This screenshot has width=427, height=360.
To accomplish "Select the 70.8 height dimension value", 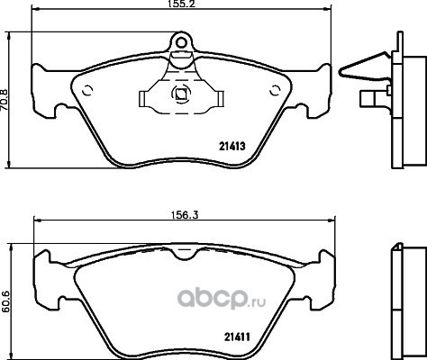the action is coord(5,100).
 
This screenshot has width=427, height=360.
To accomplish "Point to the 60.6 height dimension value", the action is coord(5,301).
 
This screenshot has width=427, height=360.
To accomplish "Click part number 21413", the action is coord(232,147).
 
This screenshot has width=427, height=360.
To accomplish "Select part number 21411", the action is coord(237,337).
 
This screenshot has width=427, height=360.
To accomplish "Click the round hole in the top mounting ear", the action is coord(181,43).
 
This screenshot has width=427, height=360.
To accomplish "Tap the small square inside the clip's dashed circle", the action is coord(181,94).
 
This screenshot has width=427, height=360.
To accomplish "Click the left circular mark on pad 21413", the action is coord(87,90).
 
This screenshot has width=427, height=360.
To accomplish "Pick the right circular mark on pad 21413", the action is coord(275,90).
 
